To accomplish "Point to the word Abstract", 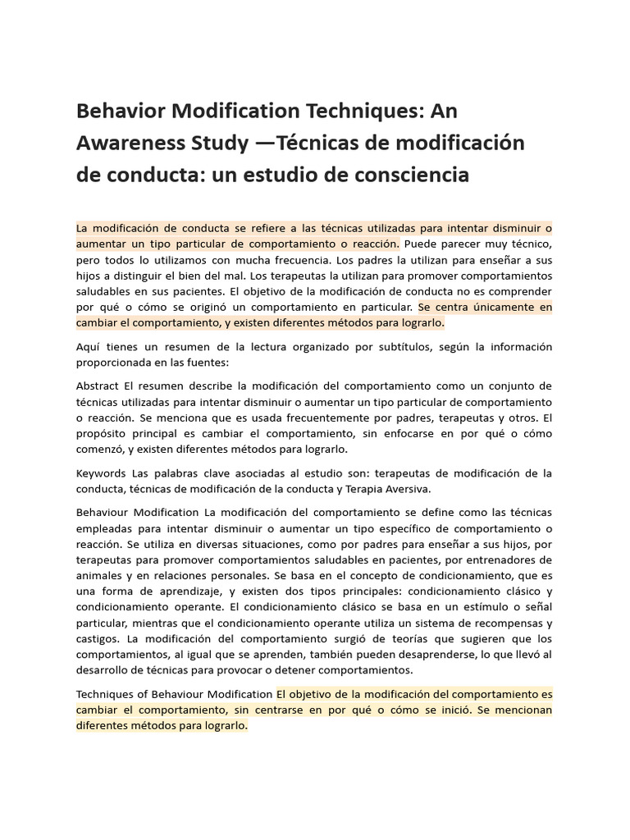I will tap(98, 386).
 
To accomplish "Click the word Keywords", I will tap(101, 473).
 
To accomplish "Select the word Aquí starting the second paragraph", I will tap(88, 347).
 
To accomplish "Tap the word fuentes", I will tap(210, 363).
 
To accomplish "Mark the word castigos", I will tap(98, 637).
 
